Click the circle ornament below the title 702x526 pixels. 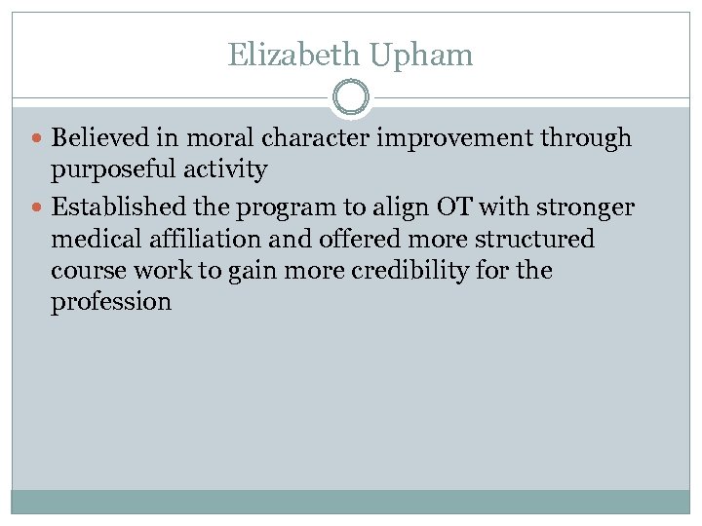[x=351, y=98]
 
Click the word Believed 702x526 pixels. [x=100, y=138]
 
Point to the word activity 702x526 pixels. [x=231, y=171]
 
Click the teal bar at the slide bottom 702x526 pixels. [x=351, y=502]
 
